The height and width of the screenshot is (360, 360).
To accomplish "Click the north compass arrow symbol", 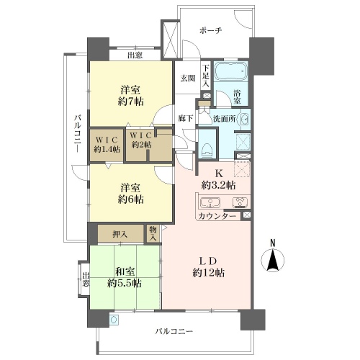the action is [273, 261].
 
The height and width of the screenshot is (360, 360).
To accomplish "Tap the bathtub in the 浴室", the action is [230, 71].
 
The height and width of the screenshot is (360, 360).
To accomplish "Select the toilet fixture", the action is [207, 150].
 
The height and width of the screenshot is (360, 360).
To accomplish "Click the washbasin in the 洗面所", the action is [245, 120].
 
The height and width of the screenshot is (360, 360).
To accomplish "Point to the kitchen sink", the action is [210, 202].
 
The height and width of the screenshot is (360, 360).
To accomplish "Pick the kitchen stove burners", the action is [240, 202].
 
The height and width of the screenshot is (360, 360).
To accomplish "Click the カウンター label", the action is [217, 217].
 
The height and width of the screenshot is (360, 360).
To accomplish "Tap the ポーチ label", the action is [211, 31].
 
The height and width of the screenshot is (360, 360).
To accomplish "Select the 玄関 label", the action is [188, 78].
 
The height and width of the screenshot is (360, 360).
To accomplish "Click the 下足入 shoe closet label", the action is [206, 76].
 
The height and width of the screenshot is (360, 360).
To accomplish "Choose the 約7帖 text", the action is [131, 102].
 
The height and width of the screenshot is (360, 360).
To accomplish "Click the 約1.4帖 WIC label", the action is [107, 149].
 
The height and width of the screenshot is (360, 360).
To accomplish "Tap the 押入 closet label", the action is [120, 234].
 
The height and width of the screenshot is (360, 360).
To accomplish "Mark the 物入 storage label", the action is [153, 233].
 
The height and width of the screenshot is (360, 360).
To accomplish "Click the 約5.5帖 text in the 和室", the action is [124, 283].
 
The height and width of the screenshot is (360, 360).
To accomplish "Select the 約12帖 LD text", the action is [209, 273].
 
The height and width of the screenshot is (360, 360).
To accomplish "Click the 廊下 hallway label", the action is [186, 118].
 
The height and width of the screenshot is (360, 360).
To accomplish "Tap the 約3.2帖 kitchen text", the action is [218, 185].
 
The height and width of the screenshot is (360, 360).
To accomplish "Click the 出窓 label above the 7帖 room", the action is [135, 55].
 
